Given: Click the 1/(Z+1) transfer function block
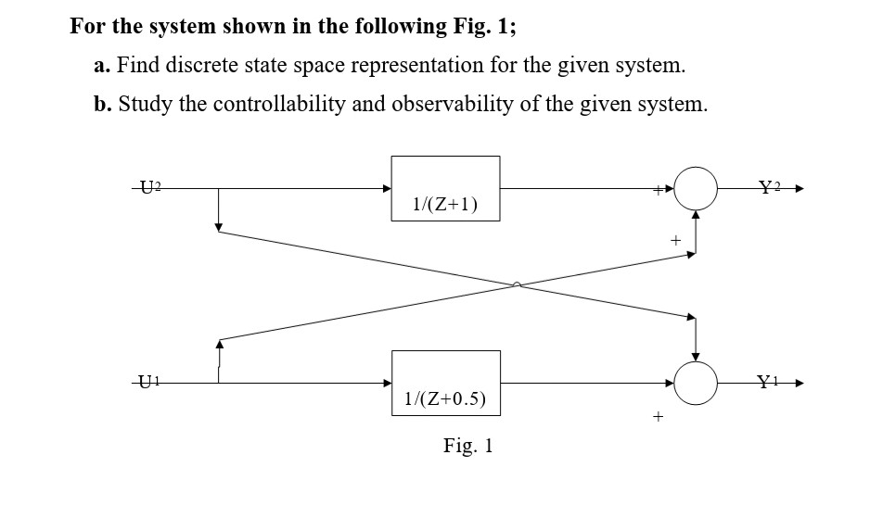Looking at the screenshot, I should (x=445, y=189).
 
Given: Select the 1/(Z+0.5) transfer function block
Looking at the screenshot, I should (x=445, y=383).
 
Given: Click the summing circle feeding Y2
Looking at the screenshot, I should (x=696, y=189).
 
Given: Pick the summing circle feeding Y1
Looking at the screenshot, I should (x=696, y=383).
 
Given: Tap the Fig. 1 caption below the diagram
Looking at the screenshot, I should (x=468, y=447).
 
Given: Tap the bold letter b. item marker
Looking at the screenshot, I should (x=102, y=104).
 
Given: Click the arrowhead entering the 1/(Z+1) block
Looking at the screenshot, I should (x=387, y=189).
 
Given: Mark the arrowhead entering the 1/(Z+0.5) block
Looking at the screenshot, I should (x=387, y=383).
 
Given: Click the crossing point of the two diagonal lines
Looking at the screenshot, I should (x=518, y=284).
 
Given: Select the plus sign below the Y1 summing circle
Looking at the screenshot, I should (x=658, y=418).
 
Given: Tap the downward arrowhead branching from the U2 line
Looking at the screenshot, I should (x=218, y=227).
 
